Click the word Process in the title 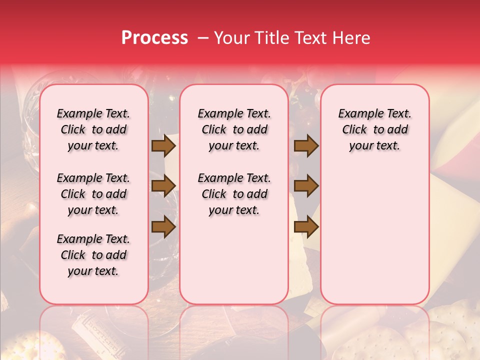coord(154,38)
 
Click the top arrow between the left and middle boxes coord(163,146)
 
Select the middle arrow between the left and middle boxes coord(163,186)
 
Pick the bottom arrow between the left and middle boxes coord(163,227)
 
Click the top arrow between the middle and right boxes coord(306,146)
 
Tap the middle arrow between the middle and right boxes coord(306,186)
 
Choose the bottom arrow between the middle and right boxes coord(306,227)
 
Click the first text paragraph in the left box coord(93,129)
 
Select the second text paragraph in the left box coord(93,194)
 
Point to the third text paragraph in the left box coord(93,255)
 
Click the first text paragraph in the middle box coord(234,129)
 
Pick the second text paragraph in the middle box coord(234,194)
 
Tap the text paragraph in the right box coord(374,129)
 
